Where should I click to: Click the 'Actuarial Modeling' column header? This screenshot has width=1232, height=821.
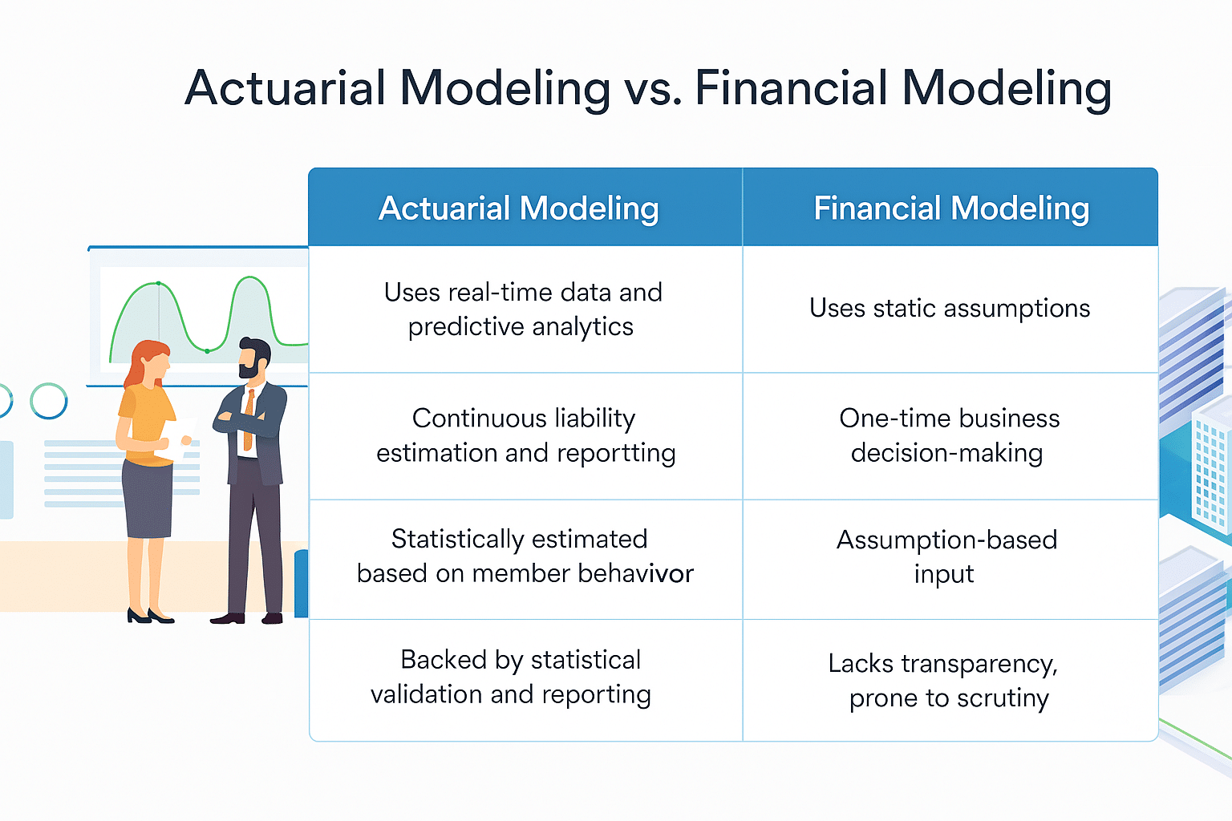point(519,208)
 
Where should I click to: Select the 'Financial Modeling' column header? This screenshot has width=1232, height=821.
point(951,208)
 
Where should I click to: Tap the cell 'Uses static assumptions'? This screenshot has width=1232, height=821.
point(950,309)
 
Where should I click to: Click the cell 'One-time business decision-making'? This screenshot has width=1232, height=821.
point(949,435)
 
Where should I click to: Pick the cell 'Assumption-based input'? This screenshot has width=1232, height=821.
point(946,556)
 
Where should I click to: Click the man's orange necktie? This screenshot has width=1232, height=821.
point(249,417)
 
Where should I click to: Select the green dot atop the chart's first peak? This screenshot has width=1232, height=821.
point(159,283)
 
